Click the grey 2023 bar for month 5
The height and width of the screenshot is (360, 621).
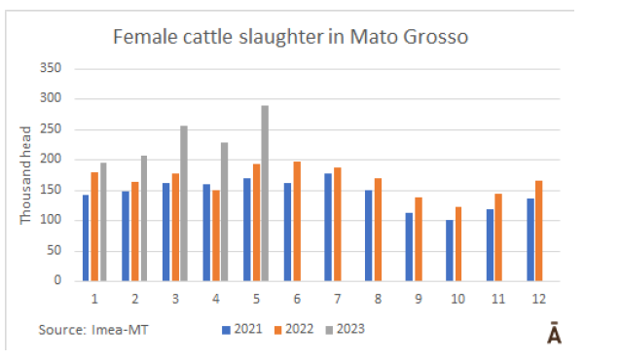click(x=265, y=194)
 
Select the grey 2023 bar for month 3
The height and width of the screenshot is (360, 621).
click(x=184, y=203)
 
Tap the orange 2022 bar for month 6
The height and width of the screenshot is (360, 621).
click(x=297, y=222)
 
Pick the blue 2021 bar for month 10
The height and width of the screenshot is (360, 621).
click(x=450, y=251)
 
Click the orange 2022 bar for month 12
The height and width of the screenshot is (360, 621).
click(x=539, y=231)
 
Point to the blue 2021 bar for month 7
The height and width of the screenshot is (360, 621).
click(x=328, y=228)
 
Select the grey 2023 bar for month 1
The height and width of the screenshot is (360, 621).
click(x=103, y=222)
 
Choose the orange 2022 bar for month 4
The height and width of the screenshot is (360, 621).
click(x=216, y=235)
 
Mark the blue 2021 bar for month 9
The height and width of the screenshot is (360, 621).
click(x=409, y=247)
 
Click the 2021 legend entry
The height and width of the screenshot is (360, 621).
click(x=242, y=329)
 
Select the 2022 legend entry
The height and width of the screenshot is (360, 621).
click(x=294, y=329)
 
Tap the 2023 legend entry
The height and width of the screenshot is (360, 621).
click(x=345, y=329)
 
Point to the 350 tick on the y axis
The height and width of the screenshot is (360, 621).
click(x=51, y=68)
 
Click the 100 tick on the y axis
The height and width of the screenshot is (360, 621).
click(x=51, y=220)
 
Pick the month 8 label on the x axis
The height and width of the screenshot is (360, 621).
click(x=378, y=299)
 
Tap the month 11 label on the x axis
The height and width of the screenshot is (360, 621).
click(x=498, y=299)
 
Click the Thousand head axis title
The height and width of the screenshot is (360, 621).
click(x=25, y=175)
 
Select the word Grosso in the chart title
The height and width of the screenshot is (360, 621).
click(x=436, y=37)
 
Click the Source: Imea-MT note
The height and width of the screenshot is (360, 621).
click(x=93, y=330)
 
